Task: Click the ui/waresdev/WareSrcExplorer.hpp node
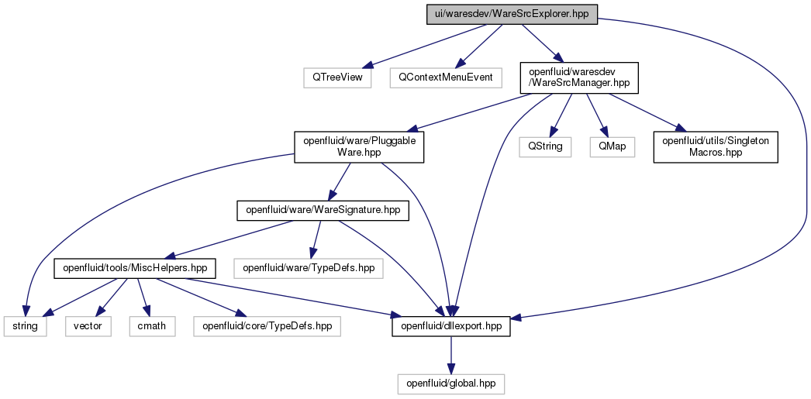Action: (x=512, y=14)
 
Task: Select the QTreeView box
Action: (x=337, y=77)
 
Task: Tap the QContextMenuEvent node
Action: (x=446, y=77)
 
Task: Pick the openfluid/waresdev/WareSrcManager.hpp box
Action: (x=580, y=78)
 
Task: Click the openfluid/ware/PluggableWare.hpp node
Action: (x=359, y=147)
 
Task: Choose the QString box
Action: (x=545, y=147)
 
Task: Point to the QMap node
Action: (x=612, y=147)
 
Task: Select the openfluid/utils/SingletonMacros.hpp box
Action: (x=716, y=147)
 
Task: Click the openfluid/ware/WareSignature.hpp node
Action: (x=323, y=211)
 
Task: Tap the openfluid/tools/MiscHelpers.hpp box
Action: (x=135, y=268)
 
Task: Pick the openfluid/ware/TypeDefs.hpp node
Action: (x=309, y=268)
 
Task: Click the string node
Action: (x=26, y=327)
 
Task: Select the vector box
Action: (x=88, y=327)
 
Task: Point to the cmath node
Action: (x=152, y=327)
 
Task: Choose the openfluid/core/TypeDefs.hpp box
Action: (x=267, y=327)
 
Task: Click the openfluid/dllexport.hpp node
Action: (x=451, y=327)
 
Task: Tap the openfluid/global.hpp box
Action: (x=451, y=384)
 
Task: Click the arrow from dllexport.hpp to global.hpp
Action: (x=451, y=356)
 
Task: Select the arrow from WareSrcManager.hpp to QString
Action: (x=561, y=115)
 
